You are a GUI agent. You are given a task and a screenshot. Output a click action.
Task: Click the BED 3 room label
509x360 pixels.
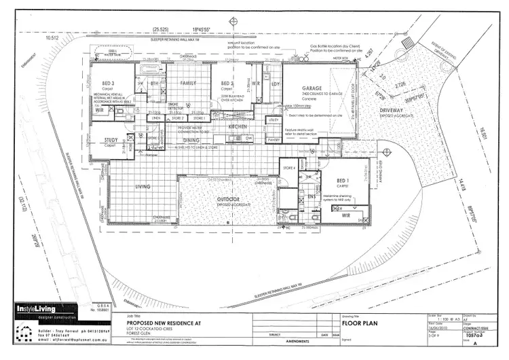click(102, 84)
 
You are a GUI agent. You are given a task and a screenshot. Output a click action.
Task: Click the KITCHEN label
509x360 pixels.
click(241, 127)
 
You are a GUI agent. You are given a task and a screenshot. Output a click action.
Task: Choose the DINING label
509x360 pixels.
click(191, 141)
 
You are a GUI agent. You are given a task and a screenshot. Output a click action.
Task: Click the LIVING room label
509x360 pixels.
click(143, 187)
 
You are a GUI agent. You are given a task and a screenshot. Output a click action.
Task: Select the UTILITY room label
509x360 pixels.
click(274, 120)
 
